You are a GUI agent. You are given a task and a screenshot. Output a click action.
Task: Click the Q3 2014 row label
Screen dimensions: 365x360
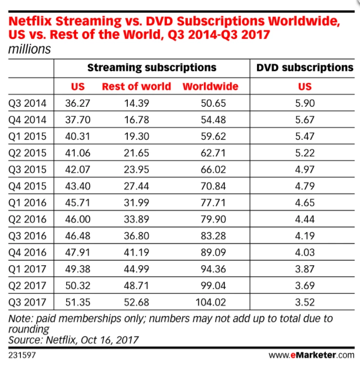pos(28,103)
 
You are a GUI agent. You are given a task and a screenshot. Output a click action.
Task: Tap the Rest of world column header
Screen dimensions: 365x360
pos(136,87)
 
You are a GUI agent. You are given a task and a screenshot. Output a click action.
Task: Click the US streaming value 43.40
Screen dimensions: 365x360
pos(78,186)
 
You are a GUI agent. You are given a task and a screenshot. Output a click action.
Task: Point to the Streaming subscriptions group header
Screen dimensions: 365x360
pos(152,67)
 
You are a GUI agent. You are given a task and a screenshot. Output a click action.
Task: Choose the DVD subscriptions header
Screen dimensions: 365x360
pos(305,67)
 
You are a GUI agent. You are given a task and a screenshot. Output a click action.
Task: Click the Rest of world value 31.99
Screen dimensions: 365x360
pos(136,203)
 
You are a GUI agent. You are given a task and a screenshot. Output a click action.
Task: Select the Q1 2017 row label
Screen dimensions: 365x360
pos(28,269)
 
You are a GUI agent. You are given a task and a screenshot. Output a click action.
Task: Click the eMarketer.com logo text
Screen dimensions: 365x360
pos(312,355)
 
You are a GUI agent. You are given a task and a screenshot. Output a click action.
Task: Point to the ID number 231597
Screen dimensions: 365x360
pos(22,354)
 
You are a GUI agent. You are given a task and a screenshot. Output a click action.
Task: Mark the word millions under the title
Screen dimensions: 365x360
pos(29,49)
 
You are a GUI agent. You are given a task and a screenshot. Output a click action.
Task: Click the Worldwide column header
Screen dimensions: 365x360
pos(210,87)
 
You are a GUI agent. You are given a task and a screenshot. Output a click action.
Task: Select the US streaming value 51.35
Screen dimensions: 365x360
pos(78,302)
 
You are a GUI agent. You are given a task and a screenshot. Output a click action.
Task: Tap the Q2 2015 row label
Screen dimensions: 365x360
pos(28,153)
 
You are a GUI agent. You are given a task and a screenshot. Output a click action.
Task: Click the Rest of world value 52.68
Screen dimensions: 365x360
pos(136,302)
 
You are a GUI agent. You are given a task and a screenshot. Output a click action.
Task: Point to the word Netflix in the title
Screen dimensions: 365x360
pos(31,21)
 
